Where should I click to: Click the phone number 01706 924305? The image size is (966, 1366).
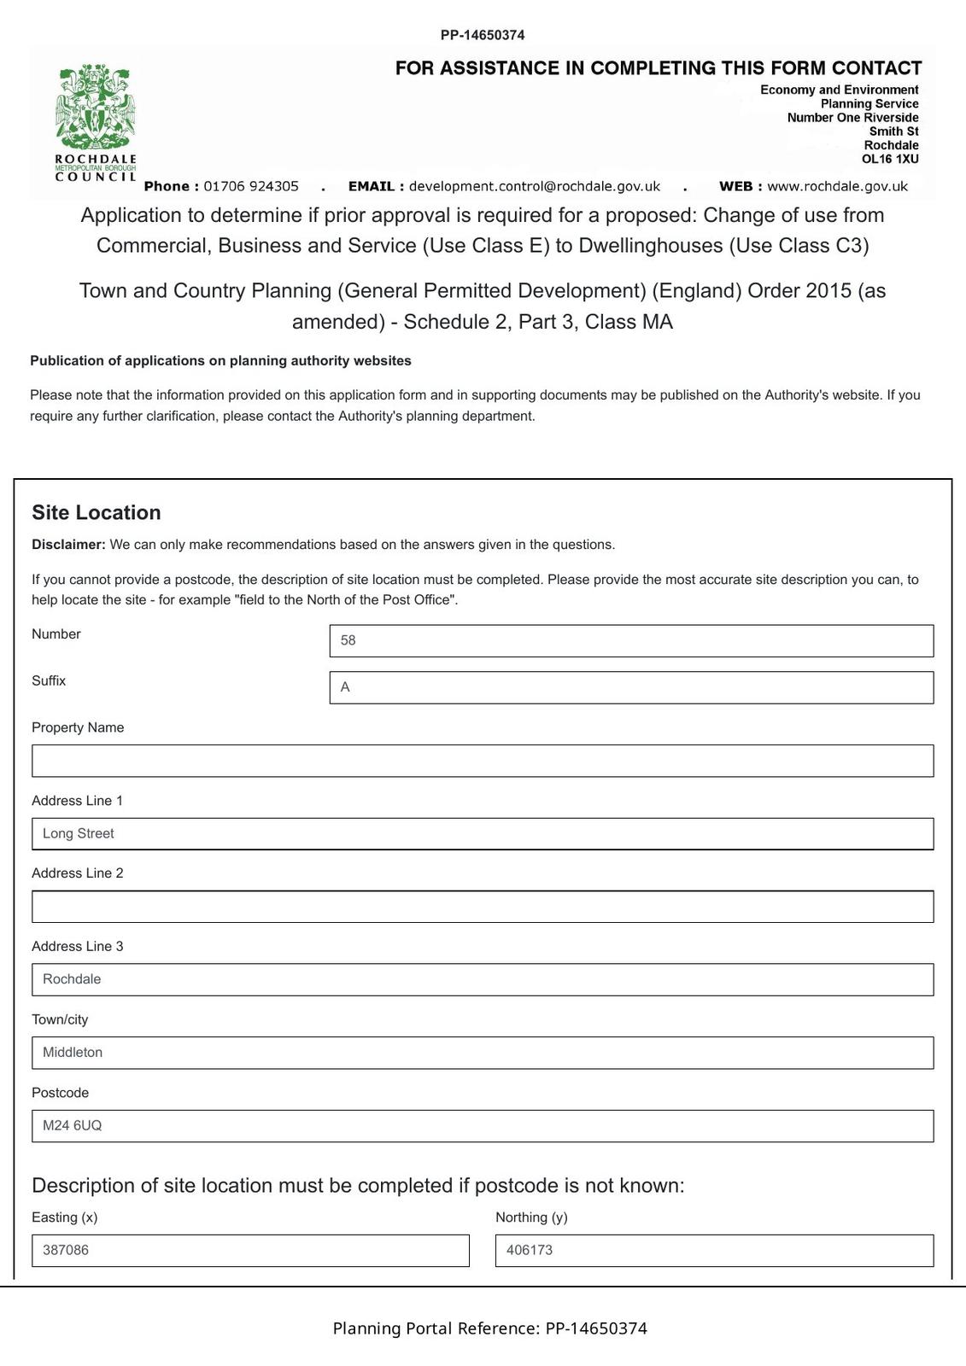(x=251, y=186)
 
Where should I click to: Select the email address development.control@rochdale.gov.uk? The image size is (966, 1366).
(x=535, y=186)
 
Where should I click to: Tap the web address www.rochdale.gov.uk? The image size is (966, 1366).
(x=837, y=186)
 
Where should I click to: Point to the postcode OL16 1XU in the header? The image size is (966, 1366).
(x=890, y=159)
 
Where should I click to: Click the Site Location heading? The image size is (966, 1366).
(x=97, y=512)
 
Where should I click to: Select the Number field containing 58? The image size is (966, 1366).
(x=631, y=640)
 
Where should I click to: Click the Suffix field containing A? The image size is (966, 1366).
(x=631, y=687)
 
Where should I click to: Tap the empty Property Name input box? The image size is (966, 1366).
(x=483, y=761)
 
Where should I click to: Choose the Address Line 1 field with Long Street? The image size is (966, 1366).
(x=483, y=833)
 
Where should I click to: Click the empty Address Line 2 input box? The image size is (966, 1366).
(x=483, y=907)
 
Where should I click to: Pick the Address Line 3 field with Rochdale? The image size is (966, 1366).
(x=483, y=979)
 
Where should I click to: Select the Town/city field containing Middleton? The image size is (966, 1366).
(x=483, y=1053)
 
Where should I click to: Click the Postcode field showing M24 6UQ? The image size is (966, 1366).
(x=483, y=1125)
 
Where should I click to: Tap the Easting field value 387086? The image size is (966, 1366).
(x=250, y=1250)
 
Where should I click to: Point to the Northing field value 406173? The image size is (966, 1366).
(x=714, y=1250)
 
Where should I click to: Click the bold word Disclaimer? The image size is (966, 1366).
(x=69, y=545)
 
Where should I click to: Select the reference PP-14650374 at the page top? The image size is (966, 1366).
(x=483, y=35)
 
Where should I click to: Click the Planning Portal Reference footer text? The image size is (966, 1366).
(x=489, y=1328)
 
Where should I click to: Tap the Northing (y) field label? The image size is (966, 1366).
(x=531, y=1217)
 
